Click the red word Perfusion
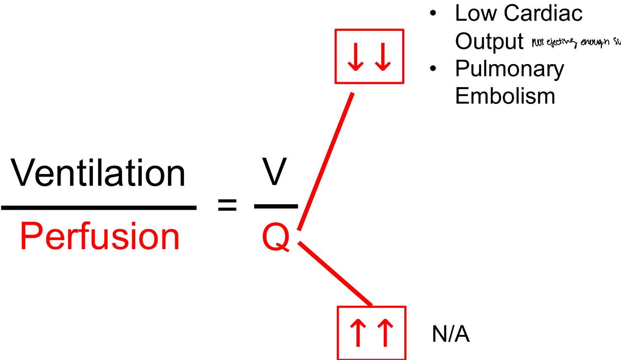[x=100, y=237]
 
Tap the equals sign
[x=227, y=205]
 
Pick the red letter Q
[x=276, y=237]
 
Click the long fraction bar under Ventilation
[x=99, y=208]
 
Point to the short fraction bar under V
[x=276, y=206]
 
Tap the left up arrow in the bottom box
[x=358, y=333]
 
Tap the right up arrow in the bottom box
[x=385, y=333]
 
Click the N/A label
[x=451, y=334]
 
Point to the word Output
[x=489, y=41]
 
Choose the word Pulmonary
[x=509, y=69]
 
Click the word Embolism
[x=505, y=96]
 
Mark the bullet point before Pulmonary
[x=433, y=69]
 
